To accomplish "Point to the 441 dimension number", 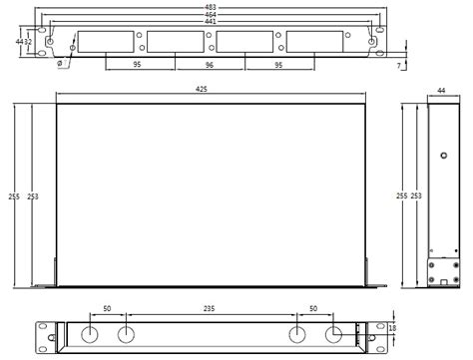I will (x=211, y=22).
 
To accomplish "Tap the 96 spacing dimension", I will (x=210, y=65).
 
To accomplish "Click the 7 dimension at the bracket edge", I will (x=399, y=65).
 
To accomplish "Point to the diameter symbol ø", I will (x=62, y=63).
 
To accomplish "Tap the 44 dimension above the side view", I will (x=440, y=91).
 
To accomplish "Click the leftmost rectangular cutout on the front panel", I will (x=106, y=42).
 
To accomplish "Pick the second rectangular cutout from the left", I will (x=176, y=42).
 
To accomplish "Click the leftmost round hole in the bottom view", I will (x=89, y=333).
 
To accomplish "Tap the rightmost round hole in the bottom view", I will (x=333, y=333).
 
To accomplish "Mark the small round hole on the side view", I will (x=443, y=156).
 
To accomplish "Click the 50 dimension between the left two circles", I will (x=107, y=310).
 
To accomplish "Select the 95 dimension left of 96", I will (x=140, y=65).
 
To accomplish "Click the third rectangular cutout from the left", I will (x=244, y=42).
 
